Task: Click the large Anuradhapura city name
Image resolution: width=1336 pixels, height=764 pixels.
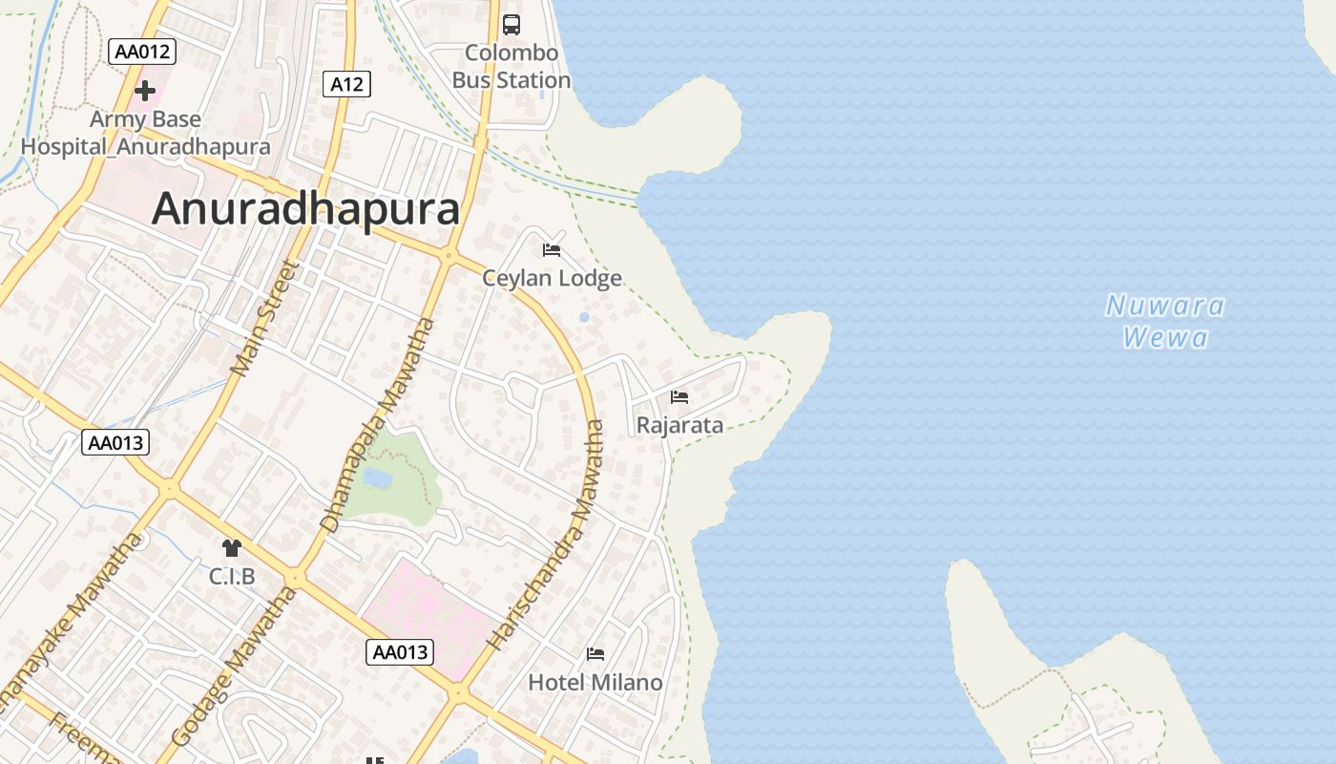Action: coord(305,208)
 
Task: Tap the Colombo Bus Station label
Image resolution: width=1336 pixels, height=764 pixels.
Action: coord(511,67)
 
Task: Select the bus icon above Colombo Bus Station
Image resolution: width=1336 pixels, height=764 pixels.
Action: coord(511,25)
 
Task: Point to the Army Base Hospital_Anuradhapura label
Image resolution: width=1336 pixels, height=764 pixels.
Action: coord(145,133)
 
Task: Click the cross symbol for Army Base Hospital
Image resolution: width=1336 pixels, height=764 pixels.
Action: coord(145,91)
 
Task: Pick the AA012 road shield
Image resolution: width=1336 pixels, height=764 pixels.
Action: coord(142,52)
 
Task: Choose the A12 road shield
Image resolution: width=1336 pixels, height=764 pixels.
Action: coord(346,84)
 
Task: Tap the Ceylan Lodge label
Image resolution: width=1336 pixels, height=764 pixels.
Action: coord(552,278)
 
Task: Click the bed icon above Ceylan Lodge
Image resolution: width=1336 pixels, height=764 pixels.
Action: coord(552,250)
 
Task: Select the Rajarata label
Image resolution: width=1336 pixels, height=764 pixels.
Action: coord(679,425)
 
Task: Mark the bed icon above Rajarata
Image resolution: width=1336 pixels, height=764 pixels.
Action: coord(679,396)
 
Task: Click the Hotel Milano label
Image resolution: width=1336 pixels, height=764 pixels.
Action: coord(595,682)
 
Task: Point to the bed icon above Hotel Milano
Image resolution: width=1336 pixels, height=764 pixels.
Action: coord(595,654)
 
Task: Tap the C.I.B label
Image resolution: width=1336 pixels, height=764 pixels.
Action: coord(232,576)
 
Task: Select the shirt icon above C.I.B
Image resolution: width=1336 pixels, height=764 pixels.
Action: coord(232,548)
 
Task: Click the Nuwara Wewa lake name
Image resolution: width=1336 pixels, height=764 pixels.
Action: coord(1165,321)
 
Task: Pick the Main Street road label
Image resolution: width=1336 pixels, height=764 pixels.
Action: coord(265,318)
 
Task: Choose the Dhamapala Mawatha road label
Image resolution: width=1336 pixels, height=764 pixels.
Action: coord(378,425)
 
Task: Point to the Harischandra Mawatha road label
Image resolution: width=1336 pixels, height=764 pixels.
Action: coord(548,535)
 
